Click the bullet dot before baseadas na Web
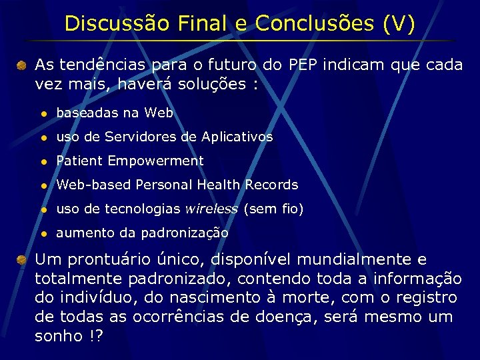43,113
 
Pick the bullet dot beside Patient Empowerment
43,161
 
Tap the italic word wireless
211,209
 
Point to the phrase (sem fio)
273,209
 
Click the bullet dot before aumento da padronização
43,233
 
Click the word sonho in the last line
56,336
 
